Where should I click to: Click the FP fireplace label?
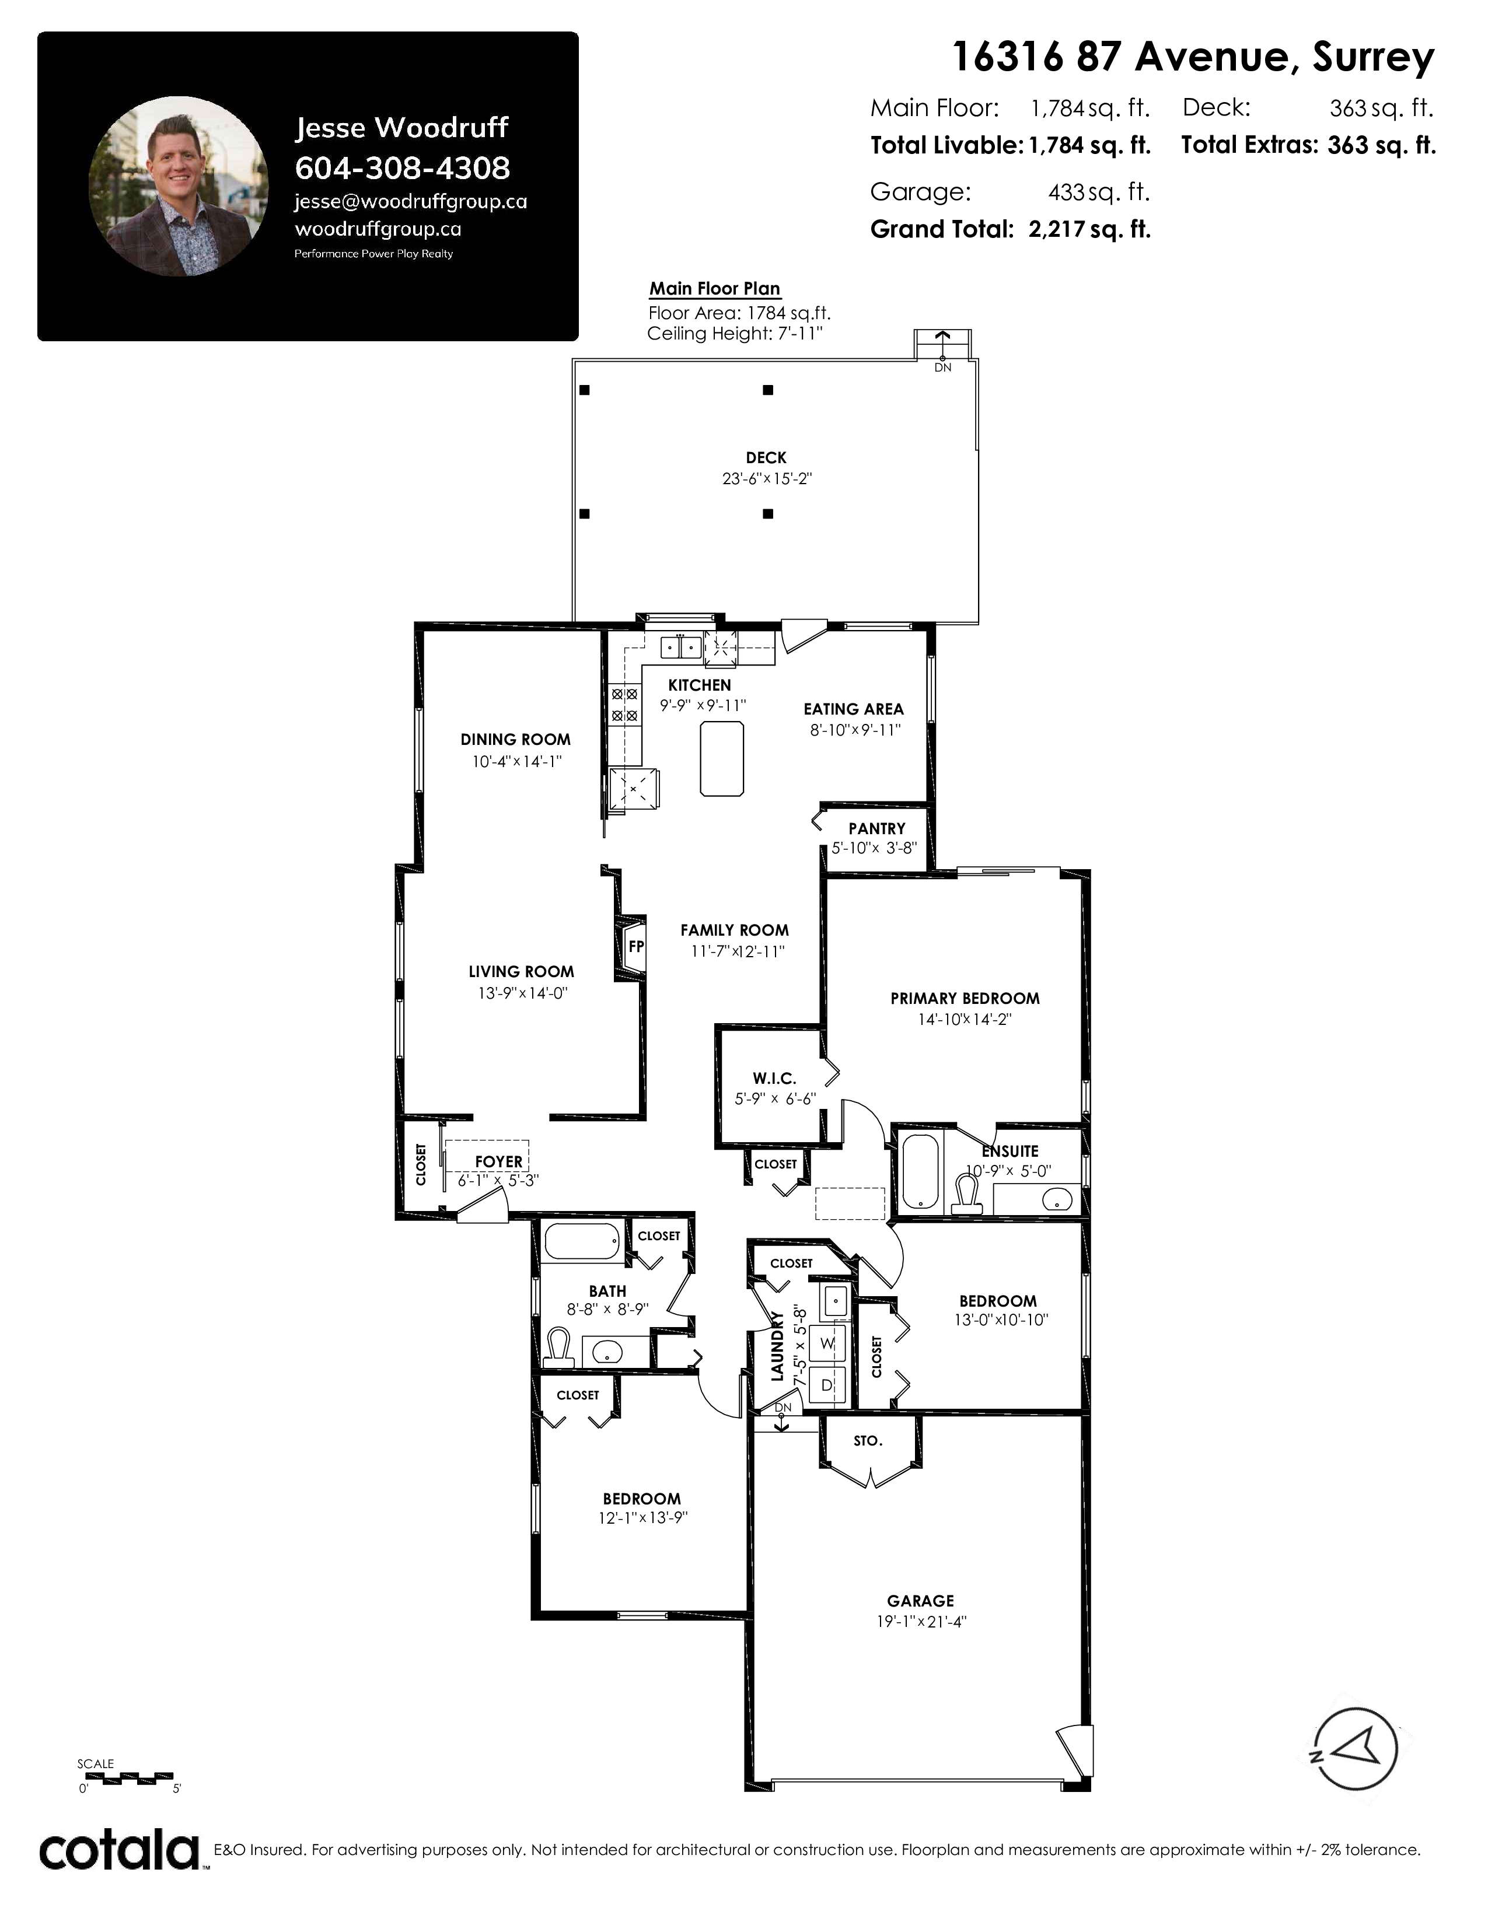(635, 947)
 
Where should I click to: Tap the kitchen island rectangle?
(722, 758)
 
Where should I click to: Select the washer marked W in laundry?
(827, 1343)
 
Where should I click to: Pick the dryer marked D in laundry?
(827, 1385)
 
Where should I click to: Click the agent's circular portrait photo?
(179, 186)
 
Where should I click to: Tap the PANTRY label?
(876, 828)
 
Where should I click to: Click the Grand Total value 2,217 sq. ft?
(1089, 229)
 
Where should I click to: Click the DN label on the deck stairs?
(942, 367)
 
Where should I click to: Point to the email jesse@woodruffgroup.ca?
(411, 202)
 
